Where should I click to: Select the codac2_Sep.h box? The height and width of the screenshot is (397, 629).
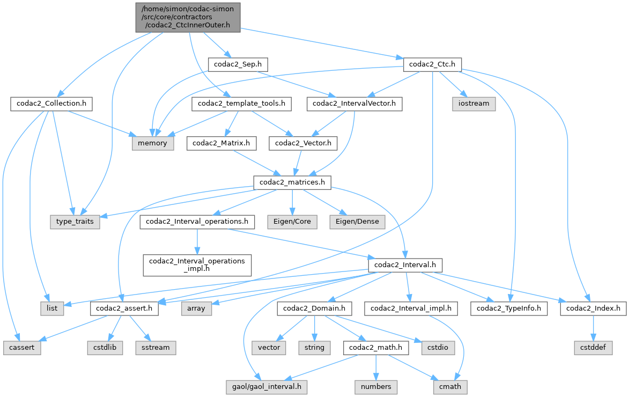coord(238,64)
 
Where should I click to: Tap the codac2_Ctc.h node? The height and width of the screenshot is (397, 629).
coord(432,64)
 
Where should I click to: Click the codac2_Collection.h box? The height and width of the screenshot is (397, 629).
coord(51,104)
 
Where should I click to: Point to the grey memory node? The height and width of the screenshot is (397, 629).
coord(152,143)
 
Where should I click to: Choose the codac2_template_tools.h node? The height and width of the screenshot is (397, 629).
coord(241,104)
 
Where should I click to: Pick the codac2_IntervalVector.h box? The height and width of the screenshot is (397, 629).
coord(354,104)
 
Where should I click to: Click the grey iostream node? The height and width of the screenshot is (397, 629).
coord(474,104)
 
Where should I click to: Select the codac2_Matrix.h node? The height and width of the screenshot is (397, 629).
coord(221,143)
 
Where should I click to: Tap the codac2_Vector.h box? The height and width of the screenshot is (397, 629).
coord(306,143)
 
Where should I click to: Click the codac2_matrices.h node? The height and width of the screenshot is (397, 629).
coord(292,182)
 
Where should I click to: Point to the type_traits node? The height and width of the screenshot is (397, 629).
coord(75,222)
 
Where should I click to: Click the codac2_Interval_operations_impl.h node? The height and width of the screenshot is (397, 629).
coord(197,264)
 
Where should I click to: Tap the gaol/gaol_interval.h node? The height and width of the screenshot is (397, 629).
coord(267,386)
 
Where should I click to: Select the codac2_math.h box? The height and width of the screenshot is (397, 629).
coord(376,347)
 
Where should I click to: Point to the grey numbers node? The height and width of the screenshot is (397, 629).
coord(375,386)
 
